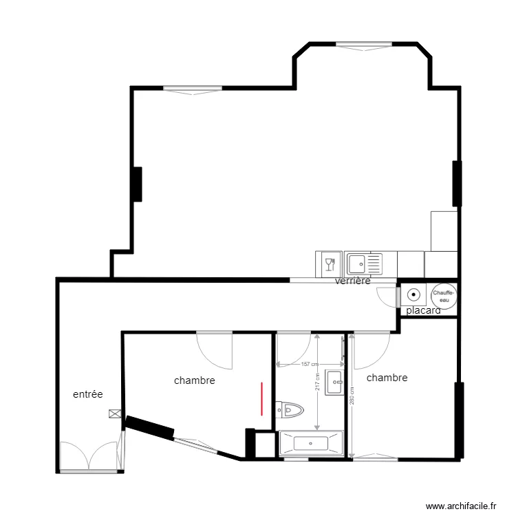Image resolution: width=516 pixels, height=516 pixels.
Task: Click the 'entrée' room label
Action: coord(88,394)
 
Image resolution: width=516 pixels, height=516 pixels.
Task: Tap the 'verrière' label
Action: coord(353,281)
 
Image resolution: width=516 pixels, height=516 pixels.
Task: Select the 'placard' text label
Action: coord(423,311)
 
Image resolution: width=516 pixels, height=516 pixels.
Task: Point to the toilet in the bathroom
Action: coord(290,411)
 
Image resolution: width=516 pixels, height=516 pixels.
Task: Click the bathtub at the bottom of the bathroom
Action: coord(311,442)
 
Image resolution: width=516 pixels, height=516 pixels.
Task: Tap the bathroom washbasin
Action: coord(335,381)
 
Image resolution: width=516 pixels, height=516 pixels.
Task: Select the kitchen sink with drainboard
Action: coord(363,264)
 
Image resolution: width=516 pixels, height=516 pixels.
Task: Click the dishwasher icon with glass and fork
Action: coord(329,264)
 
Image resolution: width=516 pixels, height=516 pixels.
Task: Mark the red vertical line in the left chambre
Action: coord(262,399)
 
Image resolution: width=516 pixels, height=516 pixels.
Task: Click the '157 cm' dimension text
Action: coord(310,364)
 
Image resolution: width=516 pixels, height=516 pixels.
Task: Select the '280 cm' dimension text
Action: coord(352,398)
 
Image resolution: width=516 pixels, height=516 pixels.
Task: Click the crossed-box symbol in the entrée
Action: coord(114,414)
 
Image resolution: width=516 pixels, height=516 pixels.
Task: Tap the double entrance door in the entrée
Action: coord(88,457)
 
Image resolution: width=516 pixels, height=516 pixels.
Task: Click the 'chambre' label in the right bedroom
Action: coord(387,378)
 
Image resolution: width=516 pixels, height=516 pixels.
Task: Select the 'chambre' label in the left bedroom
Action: coord(195,380)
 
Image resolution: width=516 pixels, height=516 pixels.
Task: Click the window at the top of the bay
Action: coord(363,45)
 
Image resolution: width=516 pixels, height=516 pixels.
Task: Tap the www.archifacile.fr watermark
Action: coord(462,506)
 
